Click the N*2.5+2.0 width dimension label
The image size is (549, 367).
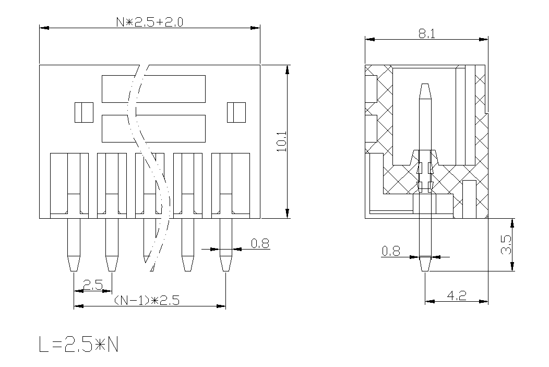point(149,22)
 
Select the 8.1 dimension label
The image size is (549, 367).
point(427,34)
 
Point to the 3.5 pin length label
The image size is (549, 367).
point(506,245)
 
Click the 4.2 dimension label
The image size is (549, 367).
point(457,295)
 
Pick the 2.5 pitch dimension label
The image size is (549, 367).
point(92,285)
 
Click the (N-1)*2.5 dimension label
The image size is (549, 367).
point(147,301)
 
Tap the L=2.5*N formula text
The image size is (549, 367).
point(79,344)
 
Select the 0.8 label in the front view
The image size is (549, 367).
point(260,243)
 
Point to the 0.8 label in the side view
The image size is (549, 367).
point(391,251)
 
